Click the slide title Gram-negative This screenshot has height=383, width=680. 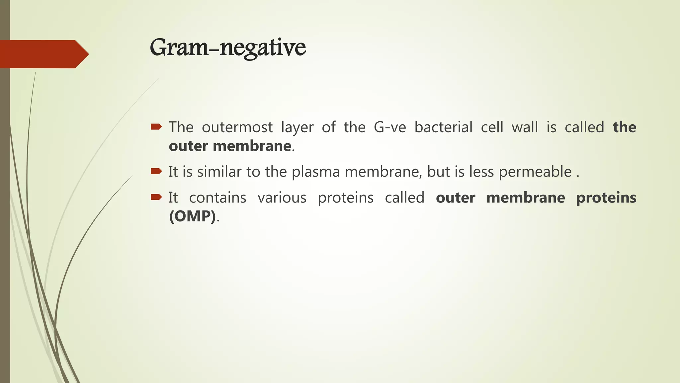click(x=228, y=48)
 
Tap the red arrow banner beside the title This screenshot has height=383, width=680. click(x=43, y=54)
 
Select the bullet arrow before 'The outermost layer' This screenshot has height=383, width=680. click(x=156, y=127)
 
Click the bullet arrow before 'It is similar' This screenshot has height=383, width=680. click(x=156, y=171)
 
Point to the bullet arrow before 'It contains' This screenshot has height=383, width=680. click(x=156, y=197)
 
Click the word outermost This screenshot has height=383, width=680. click(x=237, y=127)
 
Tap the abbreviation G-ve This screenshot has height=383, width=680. click(x=390, y=127)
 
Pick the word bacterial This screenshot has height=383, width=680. click(x=443, y=127)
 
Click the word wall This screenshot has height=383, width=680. click(x=524, y=127)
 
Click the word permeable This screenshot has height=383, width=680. click(x=535, y=172)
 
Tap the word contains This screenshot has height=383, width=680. click(x=217, y=198)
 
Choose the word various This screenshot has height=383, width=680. click(x=282, y=198)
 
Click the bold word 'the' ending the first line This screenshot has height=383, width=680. click(x=624, y=127)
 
